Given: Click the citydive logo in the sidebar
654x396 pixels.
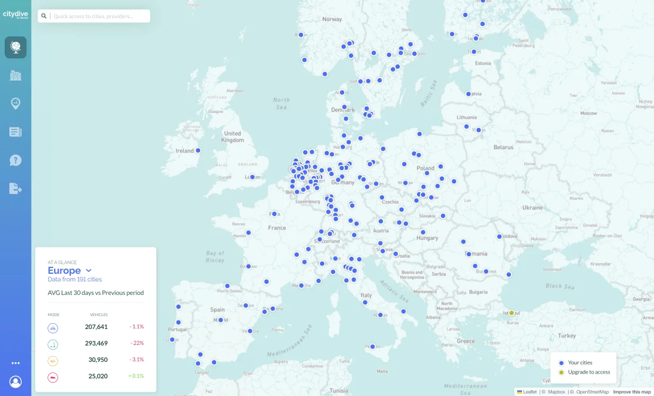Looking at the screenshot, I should point(15,15).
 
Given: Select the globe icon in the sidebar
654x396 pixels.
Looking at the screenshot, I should point(16,47).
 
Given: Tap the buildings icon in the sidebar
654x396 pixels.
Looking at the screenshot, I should point(16,75).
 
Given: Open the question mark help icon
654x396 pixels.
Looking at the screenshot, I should point(16,160).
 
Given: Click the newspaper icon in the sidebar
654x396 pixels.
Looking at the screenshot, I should point(16,132).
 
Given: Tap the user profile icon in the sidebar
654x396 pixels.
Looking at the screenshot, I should point(16,382).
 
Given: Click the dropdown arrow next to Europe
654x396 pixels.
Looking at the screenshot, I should point(89,271).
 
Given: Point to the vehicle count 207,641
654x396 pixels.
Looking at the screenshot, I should point(96,327).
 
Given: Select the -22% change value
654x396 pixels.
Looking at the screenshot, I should point(137,343).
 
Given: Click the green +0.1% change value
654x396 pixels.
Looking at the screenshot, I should point(136,376).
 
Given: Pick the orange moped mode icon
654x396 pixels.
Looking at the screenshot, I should point(53,360).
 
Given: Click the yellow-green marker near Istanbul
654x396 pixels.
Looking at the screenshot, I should point(511,313).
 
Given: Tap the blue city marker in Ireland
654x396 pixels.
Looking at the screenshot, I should point(198,150).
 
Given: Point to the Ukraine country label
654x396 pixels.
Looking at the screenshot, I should point(532,207).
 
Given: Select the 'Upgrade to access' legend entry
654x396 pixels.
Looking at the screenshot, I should point(589,372).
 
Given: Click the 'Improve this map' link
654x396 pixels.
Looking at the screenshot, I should point(632,392).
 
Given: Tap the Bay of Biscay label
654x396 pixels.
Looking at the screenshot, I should point(215,256).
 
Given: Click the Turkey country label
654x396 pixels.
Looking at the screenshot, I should point(567,335).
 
